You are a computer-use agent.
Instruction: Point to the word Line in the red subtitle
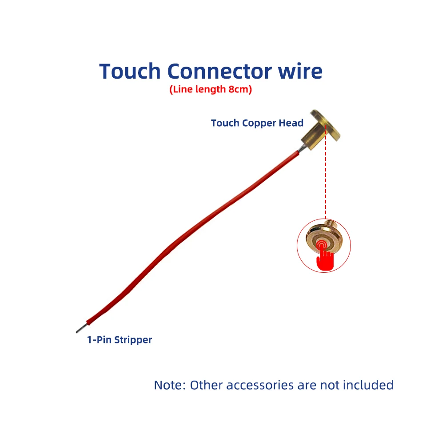point(181,89)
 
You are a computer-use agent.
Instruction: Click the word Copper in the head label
point(259,123)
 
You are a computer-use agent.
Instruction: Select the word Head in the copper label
point(292,123)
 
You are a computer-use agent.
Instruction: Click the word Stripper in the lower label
point(133,340)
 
